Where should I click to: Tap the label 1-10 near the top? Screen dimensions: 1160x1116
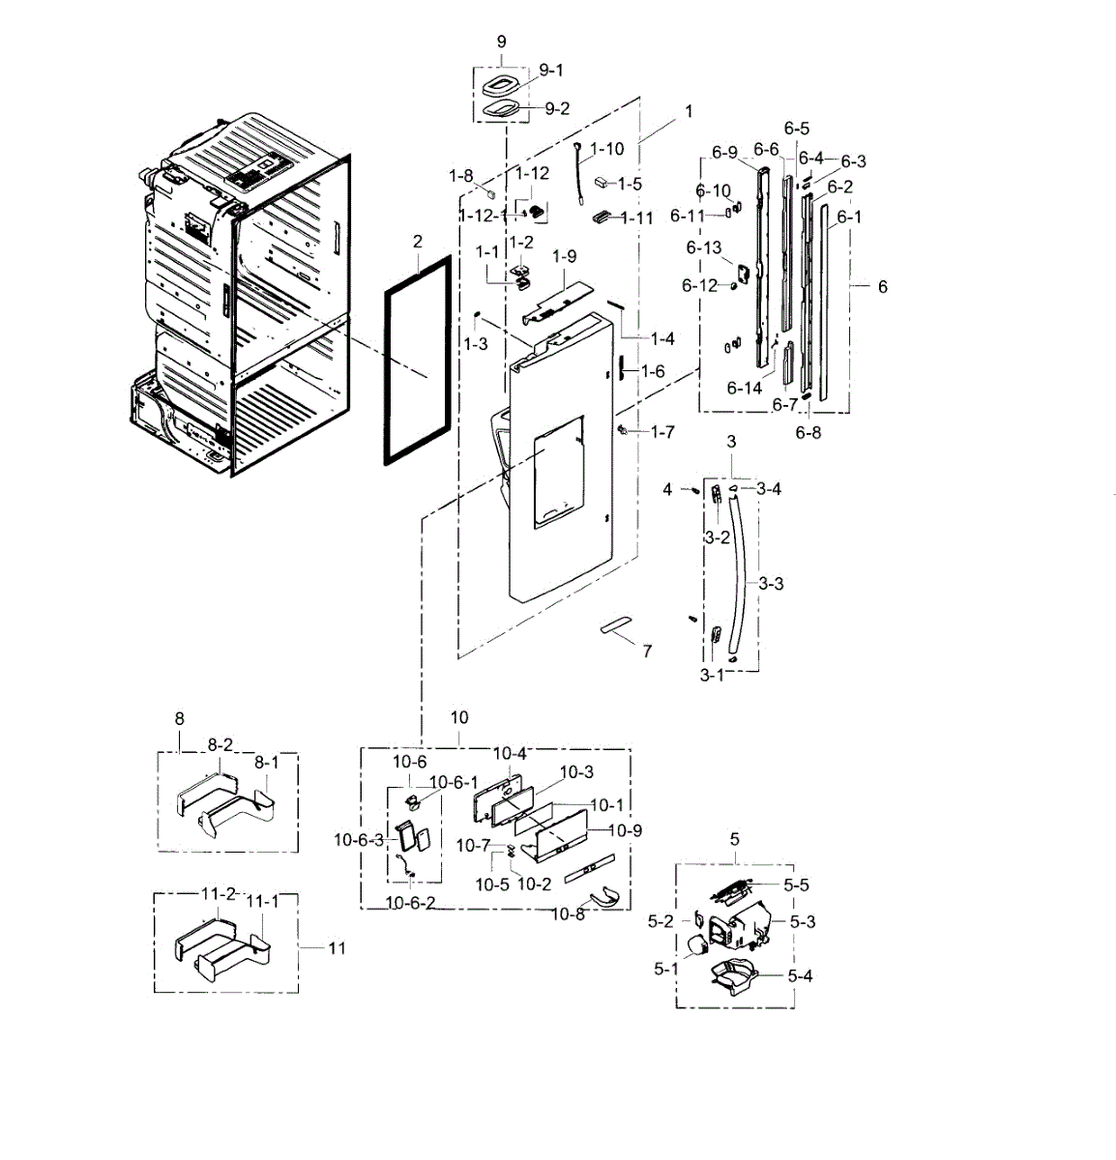click(x=607, y=149)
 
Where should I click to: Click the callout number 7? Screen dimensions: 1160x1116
click(x=647, y=651)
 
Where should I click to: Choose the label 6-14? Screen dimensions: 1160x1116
click(x=745, y=389)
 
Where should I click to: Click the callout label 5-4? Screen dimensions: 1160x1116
click(x=799, y=975)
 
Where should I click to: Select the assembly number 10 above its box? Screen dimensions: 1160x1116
click(x=459, y=717)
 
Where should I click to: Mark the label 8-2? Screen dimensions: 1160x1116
click(x=220, y=745)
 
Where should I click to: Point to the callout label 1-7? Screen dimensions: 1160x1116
click(x=662, y=432)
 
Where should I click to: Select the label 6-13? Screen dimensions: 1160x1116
click(x=704, y=248)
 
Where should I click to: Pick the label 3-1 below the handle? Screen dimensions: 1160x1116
click(x=712, y=676)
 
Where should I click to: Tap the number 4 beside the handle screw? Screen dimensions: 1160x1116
click(x=667, y=490)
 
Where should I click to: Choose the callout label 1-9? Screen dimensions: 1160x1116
click(x=565, y=256)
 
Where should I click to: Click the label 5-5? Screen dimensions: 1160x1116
click(x=796, y=884)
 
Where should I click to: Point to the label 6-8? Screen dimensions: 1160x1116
click(x=808, y=432)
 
